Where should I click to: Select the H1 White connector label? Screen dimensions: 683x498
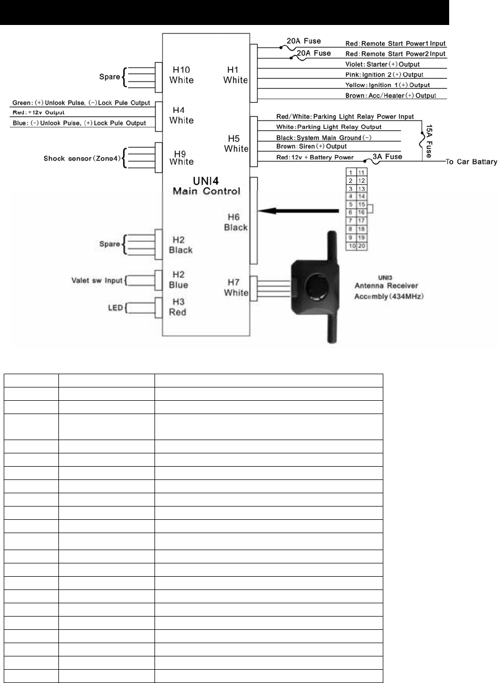click(x=235, y=75)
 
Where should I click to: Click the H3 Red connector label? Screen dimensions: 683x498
click(x=177, y=307)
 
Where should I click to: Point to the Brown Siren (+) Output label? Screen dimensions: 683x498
click(x=312, y=146)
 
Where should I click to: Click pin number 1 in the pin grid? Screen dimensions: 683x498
click(x=351, y=173)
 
